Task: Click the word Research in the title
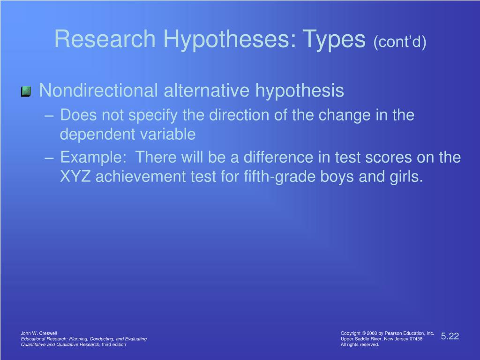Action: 105,39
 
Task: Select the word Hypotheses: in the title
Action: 230,40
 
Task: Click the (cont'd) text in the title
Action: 400,42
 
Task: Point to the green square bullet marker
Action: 26,91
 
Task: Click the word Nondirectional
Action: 98,90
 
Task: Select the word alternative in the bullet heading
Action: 207,90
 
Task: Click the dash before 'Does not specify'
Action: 49,116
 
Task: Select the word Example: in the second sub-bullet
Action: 93,158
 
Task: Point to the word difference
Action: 278,157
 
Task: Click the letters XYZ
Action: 75,177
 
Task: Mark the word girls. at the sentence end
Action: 406,177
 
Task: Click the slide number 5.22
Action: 450,336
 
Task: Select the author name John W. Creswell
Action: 38,333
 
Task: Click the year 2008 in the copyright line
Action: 372,333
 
